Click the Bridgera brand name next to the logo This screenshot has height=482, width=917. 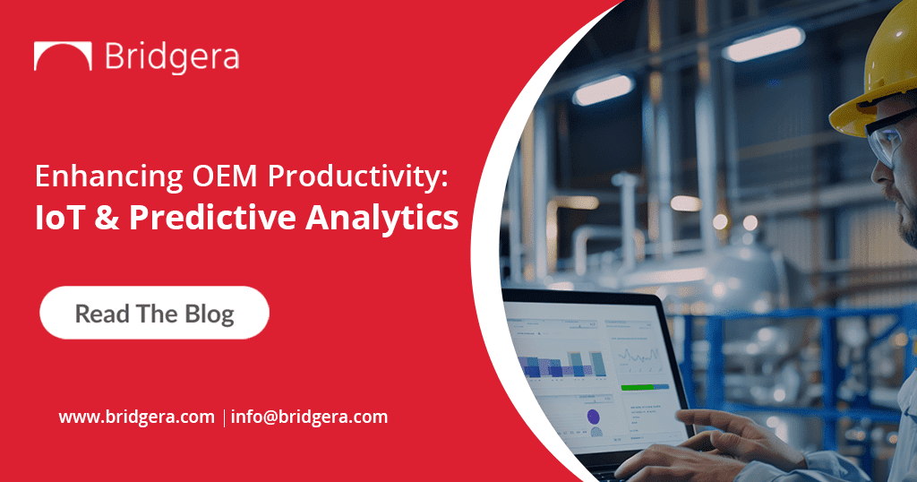[172, 56]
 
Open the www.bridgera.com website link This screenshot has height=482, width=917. [137, 417]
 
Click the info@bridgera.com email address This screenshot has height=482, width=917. [309, 417]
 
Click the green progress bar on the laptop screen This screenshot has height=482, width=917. [644, 387]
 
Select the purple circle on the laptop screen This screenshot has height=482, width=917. [593, 416]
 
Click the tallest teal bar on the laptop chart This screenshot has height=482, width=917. [598, 363]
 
